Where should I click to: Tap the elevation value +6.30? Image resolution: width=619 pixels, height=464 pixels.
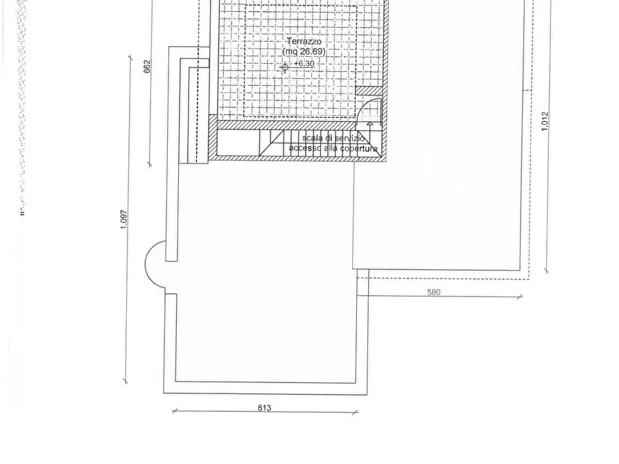click(x=303, y=64)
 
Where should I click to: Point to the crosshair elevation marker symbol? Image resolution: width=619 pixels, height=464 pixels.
click(x=284, y=66)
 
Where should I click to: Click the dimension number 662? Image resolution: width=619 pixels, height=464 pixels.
click(x=147, y=66)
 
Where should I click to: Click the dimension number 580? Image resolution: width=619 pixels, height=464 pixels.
click(x=433, y=292)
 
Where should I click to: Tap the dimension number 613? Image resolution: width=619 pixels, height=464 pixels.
click(x=264, y=408)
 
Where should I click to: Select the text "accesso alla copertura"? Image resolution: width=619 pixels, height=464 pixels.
click(x=333, y=149)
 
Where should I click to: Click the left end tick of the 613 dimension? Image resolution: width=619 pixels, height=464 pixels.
click(x=173, y=412)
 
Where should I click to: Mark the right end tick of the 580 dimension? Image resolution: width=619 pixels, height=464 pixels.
click(x=520, y=298)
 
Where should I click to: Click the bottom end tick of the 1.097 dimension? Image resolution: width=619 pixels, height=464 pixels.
click(x=125, y=380)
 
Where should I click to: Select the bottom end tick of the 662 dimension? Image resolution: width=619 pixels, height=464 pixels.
click(x=149, y=164)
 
